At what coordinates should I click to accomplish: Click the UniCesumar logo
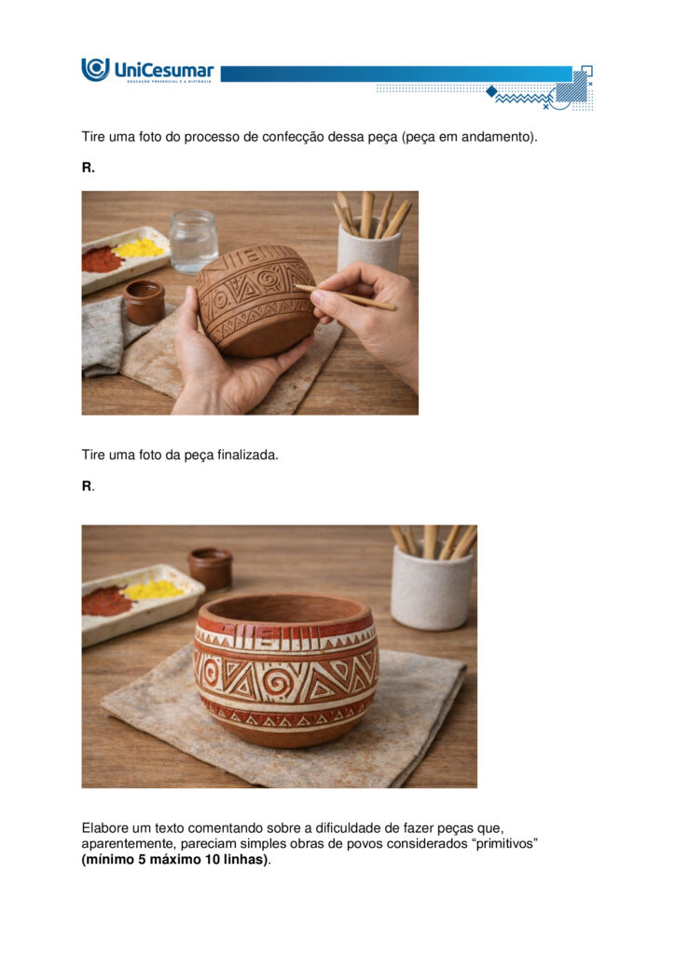[x=147, y=70]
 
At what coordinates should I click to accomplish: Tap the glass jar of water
[x=193, y=241]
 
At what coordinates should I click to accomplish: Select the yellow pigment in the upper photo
[x=139, y=248]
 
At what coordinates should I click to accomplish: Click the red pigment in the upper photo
[x=102, y=260]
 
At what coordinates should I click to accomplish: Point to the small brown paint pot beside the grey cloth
[x=145, y=302]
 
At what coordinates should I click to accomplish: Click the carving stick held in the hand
[x=345, y=297]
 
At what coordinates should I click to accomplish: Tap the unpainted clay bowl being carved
[x=255, y=300]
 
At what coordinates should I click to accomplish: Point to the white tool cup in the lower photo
[x=432, y=587]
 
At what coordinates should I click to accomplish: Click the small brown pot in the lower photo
[x=210, y=567]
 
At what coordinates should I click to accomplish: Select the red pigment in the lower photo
[x=106, y=601]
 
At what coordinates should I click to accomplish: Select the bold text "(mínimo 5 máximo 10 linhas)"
[x=174, y=860]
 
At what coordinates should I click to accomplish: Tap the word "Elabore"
[x=107, y=828]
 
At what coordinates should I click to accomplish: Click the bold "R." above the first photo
[x=89, y=168]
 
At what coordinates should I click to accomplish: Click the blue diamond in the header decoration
[x=491, y=91]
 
